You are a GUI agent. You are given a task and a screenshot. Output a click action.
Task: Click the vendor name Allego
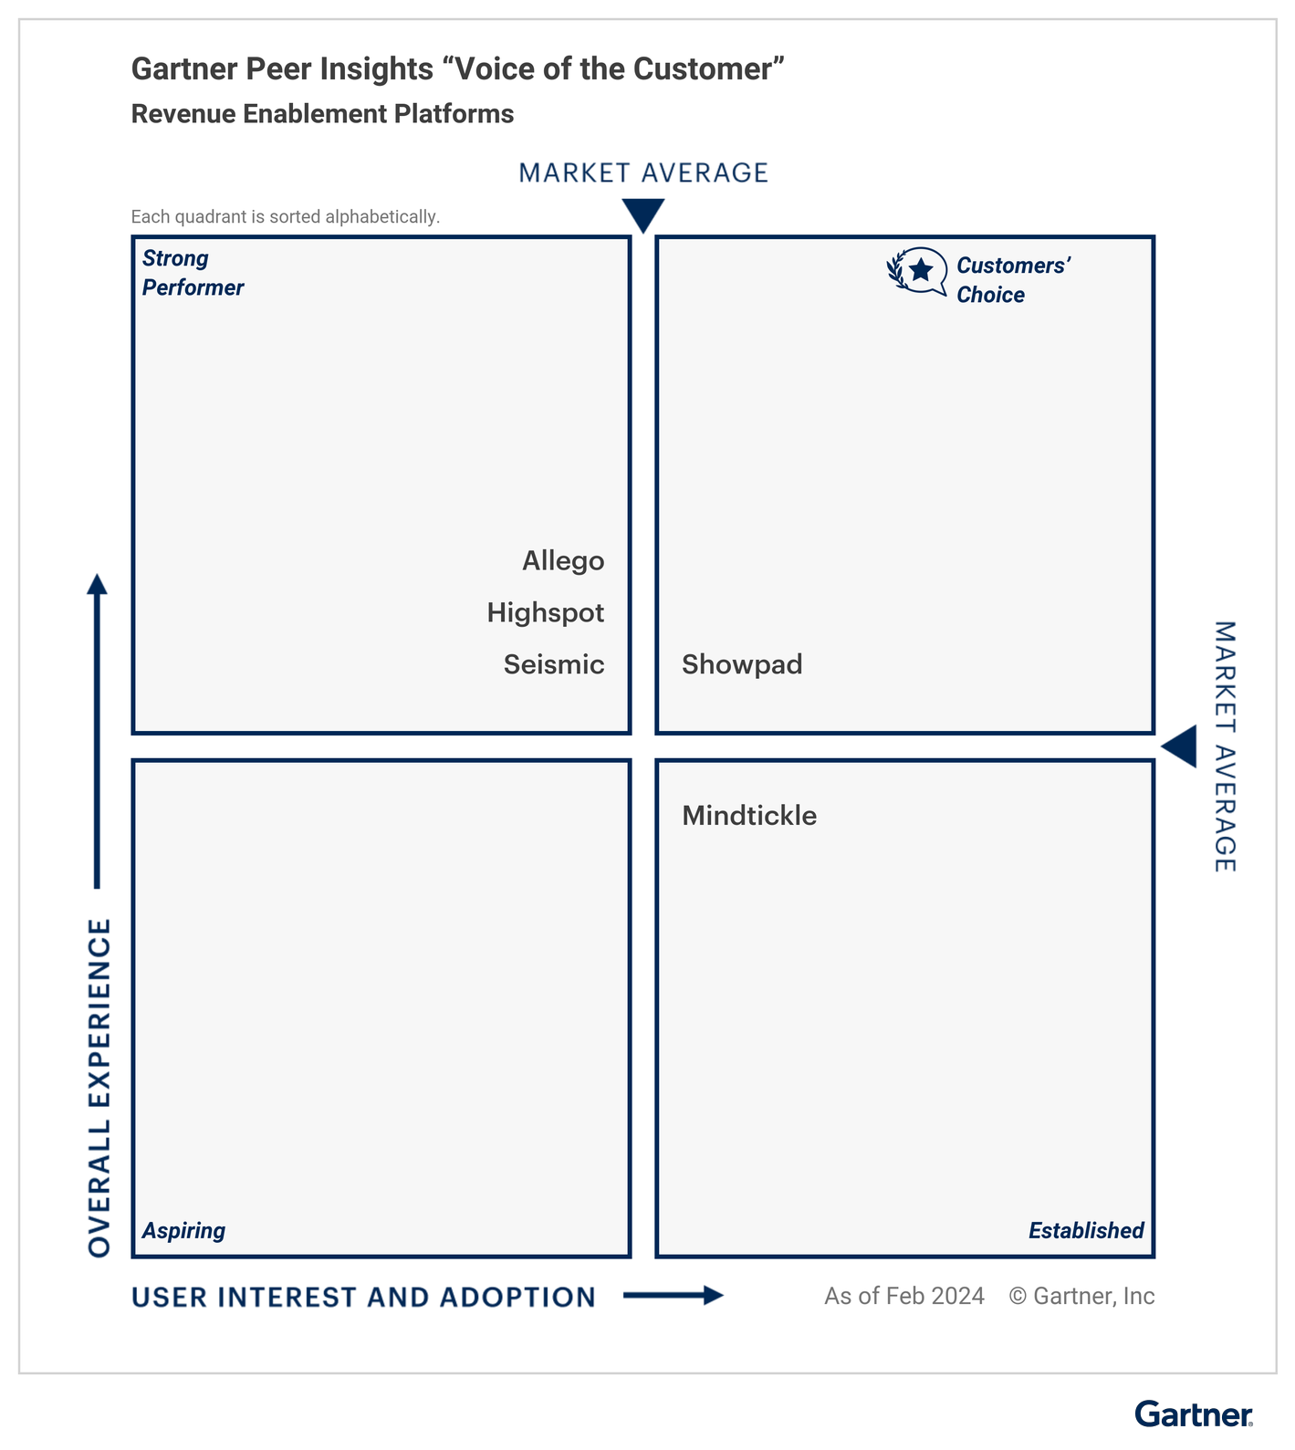point(563,561)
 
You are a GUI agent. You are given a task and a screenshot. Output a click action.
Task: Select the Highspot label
point(545,612)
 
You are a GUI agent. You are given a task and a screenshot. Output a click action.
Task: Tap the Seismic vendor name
point(554,664)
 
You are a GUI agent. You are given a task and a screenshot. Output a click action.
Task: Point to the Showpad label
point(742,664)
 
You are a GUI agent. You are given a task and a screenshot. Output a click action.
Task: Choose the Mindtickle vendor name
point(749,816)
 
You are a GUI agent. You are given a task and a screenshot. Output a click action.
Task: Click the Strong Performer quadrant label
point(193,273)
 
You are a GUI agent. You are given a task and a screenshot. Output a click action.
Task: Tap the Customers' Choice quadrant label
point(1012,280)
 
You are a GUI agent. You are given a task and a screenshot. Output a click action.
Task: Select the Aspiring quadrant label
point(183,1231)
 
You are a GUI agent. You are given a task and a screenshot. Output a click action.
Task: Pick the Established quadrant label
point(1086,1231)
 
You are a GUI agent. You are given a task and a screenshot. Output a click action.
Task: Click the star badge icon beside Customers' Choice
point(918,271)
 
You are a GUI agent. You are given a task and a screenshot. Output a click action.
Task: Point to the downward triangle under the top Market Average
point(643,215)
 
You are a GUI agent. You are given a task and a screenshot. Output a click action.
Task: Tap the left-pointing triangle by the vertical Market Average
point(1180,747)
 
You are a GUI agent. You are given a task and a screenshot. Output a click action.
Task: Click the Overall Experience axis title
point(99,1088)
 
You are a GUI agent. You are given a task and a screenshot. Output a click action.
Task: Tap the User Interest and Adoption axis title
point(363,1298)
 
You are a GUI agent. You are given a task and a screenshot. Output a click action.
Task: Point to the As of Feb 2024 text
point(903,1297)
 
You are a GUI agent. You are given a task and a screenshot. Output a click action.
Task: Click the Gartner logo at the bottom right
point(1194,1414)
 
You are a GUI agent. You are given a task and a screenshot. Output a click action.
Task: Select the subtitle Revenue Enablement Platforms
point(322,114)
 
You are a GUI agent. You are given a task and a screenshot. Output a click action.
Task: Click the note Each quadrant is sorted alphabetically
point(285,217)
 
